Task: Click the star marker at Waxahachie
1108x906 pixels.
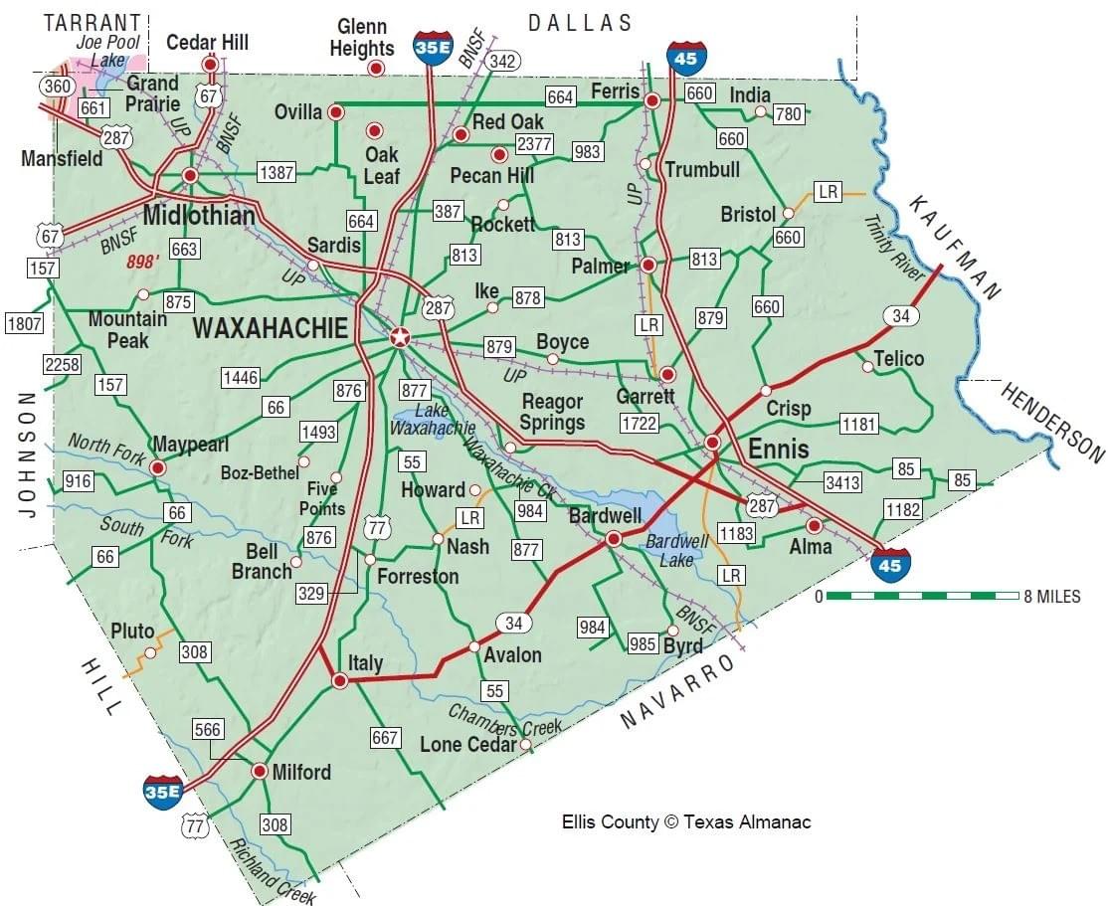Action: click(399, 338)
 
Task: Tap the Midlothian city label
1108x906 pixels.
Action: click(199, 216)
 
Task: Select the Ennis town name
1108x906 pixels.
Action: click(778, 449)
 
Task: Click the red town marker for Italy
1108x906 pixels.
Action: click(339, 681)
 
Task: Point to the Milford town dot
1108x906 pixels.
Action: click(259, 771)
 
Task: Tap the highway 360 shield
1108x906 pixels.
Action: click(57, 87)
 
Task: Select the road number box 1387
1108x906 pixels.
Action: click(276, 173)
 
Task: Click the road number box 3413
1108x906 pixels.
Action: click(842, 483)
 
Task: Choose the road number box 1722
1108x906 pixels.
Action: click(640, 423)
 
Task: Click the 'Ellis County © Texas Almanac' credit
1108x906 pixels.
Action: click(686, 821)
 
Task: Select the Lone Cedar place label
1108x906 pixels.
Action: click(468, 745)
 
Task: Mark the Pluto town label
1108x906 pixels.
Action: click(132, 632)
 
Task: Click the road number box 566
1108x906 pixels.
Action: click(207, 729)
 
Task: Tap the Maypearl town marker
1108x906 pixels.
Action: click(157, 466)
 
